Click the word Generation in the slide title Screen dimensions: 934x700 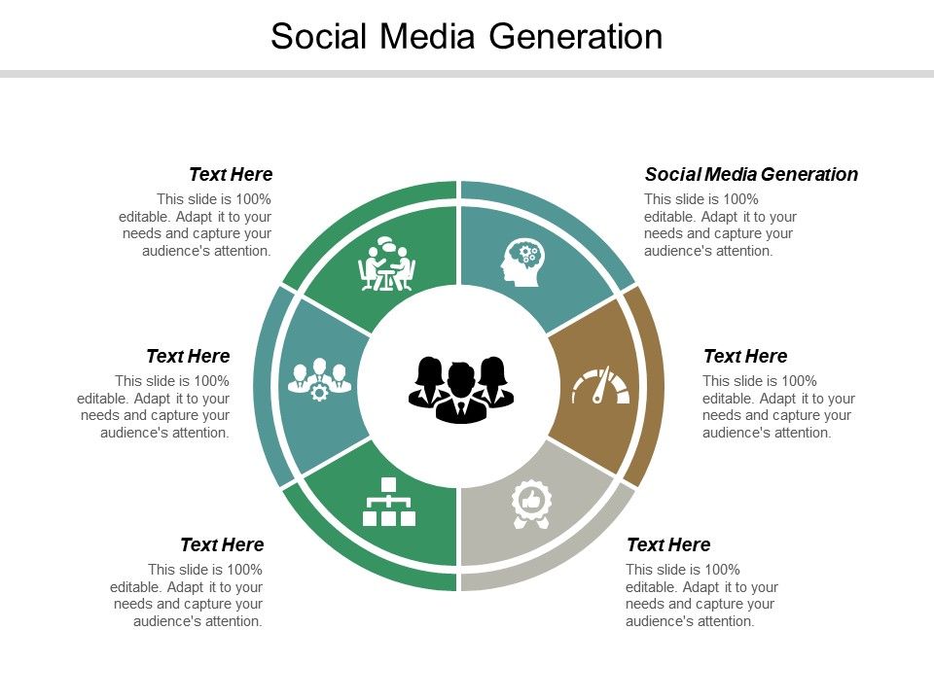click(576, 37)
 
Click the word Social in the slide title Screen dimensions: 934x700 click(319, 37)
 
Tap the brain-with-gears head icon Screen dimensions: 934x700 click(522, 262)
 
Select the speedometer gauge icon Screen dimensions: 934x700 click(600, 386)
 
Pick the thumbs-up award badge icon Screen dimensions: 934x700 click(531, 505)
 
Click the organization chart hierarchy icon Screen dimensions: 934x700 click(389, 502)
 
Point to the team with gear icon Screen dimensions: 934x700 click(319, 379)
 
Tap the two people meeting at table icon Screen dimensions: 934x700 click(387, 263)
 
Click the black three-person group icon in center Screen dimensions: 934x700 click(461, 390)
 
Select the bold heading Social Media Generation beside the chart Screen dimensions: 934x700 click(751, 174)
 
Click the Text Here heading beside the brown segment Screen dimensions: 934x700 click(745, 356)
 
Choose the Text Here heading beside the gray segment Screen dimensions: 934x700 click(668, 544)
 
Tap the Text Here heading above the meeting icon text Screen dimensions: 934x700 click(231, 174)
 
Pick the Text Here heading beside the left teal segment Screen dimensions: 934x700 click(188, 356)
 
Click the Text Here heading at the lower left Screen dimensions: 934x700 click(222, 544)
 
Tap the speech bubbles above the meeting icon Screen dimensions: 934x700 click(388, 244)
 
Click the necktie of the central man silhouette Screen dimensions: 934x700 click(461, 407)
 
